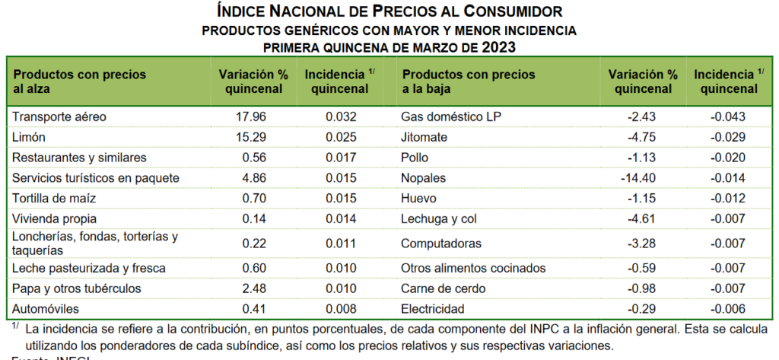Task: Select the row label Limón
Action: click(30, 137)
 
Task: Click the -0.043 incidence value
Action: click(727, 117)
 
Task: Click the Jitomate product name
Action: click(424, 137)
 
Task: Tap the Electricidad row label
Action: click(433, 309)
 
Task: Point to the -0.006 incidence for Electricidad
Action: click(727, 309)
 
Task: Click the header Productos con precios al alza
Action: click(79, 81)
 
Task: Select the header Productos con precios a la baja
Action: click(468, 81)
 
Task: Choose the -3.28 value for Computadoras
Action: click(641, 244)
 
